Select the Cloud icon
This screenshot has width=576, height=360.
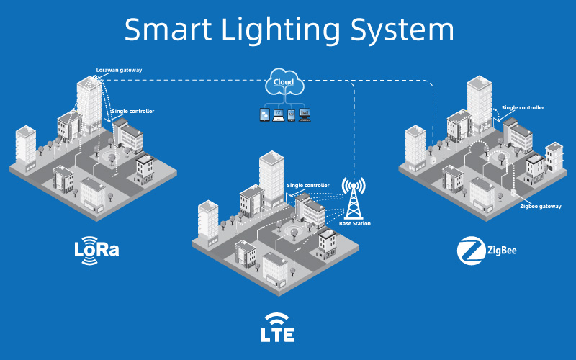(x=284, y=83)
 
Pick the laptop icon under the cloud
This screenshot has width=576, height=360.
(x=279, y=114)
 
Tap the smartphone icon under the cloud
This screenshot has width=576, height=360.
(x=291, y=114)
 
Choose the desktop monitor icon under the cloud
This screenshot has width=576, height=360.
(x=304, y=114)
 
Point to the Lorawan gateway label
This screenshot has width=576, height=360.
(x=119, y=70)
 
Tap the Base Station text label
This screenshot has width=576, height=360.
(x=355, y=224)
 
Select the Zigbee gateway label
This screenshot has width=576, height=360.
(x=540, y=206)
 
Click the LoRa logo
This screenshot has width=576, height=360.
(x=96, y=250)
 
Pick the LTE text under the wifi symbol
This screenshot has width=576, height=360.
(x=277, y=334)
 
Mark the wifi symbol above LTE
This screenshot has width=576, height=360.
(x=277, y=318)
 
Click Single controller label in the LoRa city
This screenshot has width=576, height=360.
(x=133, y=112)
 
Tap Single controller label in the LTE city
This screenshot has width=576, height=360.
(x=308, y=185)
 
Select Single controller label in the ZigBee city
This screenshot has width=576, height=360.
(x=523, y=107)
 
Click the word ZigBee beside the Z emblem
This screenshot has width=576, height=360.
(x=503, y=251)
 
